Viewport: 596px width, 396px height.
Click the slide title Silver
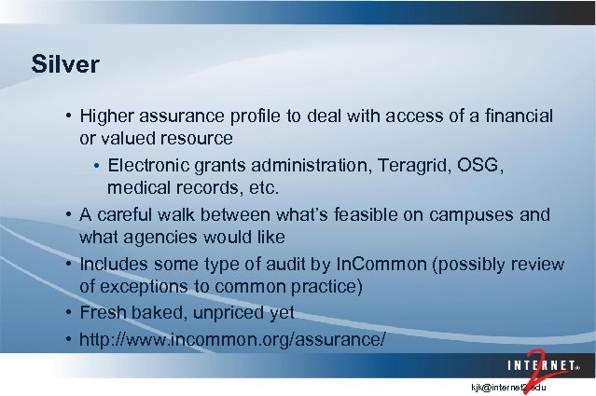[64, 65]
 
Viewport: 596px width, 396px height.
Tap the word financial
[517, 116]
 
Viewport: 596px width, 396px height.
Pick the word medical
[139, 189]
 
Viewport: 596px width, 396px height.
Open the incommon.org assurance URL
[232, 337]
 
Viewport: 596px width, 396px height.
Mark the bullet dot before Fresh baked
[70, 312]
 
